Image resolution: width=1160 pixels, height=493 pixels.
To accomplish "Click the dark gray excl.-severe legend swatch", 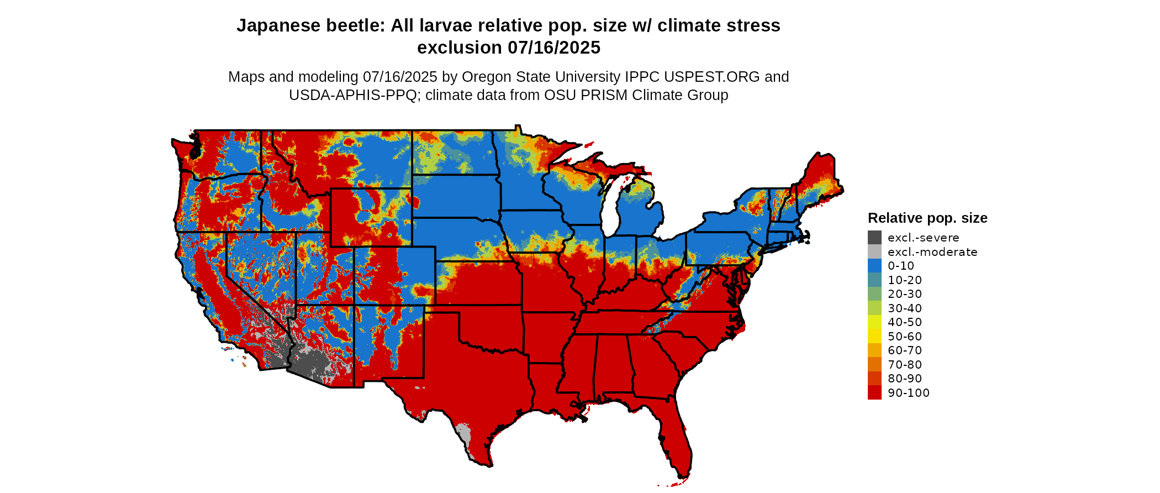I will tap(874, 238).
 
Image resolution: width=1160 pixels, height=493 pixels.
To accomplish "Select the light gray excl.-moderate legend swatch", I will tap(874, 252).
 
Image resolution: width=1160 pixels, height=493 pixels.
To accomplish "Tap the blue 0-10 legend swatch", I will tap(874, 266).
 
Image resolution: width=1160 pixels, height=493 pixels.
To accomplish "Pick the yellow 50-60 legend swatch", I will tap(874, 336).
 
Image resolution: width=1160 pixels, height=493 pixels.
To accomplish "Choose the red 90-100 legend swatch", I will tap(874, 392).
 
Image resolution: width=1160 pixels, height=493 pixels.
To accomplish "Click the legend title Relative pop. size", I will tap(927, 218).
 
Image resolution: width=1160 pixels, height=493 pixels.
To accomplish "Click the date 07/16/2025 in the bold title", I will tap(554, 48).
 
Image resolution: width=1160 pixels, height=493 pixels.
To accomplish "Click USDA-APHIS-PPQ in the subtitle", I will tap(352, 95).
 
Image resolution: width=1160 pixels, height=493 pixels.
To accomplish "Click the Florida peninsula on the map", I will tap(677, 442).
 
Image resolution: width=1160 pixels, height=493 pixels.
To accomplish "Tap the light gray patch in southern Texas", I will tap(463, 434).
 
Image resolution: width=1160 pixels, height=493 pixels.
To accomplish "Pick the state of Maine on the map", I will tap(820, 177).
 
